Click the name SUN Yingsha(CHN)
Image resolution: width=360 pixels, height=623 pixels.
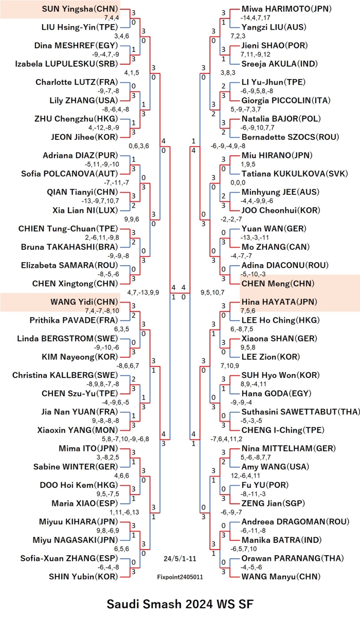(x=80, y=9)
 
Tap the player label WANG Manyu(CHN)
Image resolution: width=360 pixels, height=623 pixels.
(x=281, y=577)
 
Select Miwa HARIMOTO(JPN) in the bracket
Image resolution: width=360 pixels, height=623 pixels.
(x=286, y=9)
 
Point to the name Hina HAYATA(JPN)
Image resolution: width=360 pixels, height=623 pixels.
(x=279, y=302)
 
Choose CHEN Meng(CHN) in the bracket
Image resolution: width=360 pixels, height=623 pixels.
(x=278, y=283)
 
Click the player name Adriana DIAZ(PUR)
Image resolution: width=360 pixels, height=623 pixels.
(x=80, y=155)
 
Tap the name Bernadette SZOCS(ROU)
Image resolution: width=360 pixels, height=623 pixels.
(x=290, y=137)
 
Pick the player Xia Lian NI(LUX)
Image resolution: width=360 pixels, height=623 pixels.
(x=85, y=210)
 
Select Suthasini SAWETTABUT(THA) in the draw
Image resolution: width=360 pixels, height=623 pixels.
(x=300, y=412)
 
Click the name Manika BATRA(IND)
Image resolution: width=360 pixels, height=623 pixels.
(x=281, y=540)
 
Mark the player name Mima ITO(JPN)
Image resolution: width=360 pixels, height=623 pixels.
(x=88, y=448)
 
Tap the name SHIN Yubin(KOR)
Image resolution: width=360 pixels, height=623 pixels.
(x=84, y=577)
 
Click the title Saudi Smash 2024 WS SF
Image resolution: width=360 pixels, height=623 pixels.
(x=180, y=604)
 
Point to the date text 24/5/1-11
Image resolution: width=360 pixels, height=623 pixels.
(x=180, y=558)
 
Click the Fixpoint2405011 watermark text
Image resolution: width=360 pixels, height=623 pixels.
(x=180, y=577)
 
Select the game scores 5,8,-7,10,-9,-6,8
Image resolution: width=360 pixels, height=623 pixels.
(x=125, y=439)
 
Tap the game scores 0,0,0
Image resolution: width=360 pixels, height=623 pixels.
(x=238, y=182)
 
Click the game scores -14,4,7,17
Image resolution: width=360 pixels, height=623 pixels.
(x=255, y=18)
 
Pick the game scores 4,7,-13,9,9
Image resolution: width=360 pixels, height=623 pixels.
(x=143, y=292)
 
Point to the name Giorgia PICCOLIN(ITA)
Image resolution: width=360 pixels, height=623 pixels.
(x=286, y=100)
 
